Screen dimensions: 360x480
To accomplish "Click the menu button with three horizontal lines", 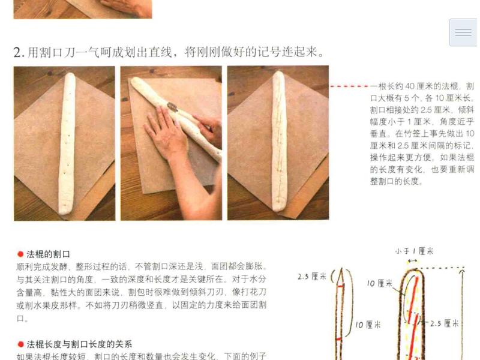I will click(x=463, y=32).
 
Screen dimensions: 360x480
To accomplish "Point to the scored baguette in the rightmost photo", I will click(x=278, y=142).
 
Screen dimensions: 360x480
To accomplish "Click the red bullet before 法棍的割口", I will click(x=20, y=254).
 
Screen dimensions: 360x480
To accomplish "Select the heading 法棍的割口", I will click(x=48, y=254).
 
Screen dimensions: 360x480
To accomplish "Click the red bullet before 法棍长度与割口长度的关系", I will click(x=20, y=344).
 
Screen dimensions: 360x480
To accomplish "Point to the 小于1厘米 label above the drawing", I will click(x=414, y=251).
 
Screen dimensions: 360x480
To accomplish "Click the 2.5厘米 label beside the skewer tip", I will click(x=312, y=277).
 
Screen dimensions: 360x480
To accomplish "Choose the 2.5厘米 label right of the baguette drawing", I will click(x=445, y=323).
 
